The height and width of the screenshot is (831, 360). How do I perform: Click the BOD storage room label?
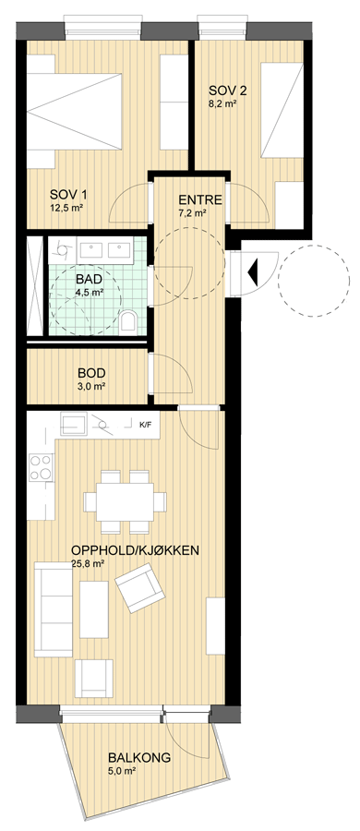click(91, 372)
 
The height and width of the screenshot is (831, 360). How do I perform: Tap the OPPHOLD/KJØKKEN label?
click(135, 550)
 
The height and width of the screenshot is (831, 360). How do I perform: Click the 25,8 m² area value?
click(87, 564)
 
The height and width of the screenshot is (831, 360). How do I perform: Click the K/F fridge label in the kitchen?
click(145, 425)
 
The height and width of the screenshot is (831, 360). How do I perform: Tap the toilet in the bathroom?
click(127, 321)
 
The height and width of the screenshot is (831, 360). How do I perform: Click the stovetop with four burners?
click(41, 467)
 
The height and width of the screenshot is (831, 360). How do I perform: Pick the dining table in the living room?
click(126, 501)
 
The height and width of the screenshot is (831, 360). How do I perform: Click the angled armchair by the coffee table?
click(140, 588)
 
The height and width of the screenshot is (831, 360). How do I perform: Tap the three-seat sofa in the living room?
click(53, 609)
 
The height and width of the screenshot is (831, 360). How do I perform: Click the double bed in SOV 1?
click(75, 112)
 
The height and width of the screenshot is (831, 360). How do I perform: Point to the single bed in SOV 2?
click(282, 110)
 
